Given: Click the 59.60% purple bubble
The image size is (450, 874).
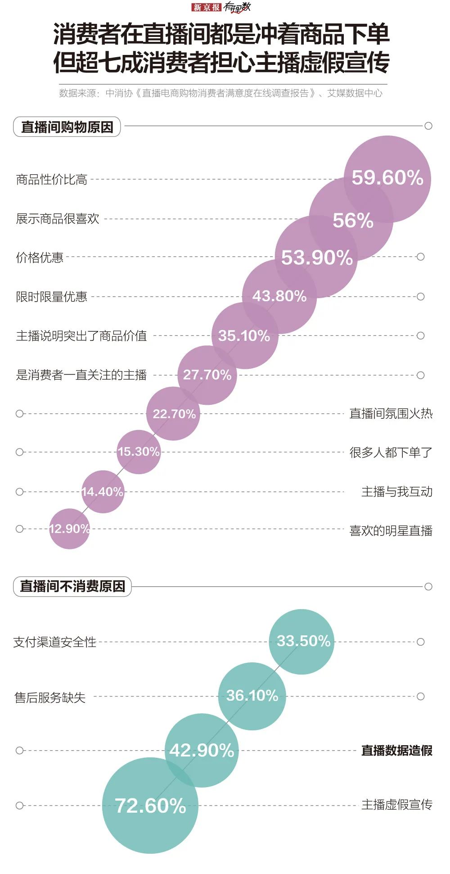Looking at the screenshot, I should (x=387, y=178).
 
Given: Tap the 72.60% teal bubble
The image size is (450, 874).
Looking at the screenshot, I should (x=150, y=805).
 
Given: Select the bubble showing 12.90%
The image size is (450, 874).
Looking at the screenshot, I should (x=69, y=529).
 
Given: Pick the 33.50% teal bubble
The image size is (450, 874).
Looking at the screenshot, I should (x=302, y=641).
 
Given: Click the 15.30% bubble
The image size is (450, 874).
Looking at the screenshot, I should (x=139, y=452).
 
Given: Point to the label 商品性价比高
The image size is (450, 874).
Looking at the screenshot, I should (x=51, y=180).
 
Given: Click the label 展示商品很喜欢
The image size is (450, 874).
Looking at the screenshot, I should (x=57, y=219).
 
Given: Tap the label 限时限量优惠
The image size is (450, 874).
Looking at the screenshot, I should (x=51, y=297).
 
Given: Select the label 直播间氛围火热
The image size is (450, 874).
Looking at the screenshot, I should (x=391, y=413).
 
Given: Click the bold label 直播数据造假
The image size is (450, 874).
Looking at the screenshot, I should (x=396, y=750).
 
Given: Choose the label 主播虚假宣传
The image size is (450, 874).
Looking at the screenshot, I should (x=396, y=804).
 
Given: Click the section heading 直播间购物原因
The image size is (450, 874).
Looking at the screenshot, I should (x=67, y=127).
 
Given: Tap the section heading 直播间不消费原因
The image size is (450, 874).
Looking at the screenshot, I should (x=72, y=586).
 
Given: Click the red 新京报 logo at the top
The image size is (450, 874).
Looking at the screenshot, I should (x=207, y=7).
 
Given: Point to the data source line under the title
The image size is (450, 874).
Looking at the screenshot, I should (x=220, y=93).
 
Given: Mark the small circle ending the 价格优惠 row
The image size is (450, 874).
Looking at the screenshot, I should (x=421, y=257).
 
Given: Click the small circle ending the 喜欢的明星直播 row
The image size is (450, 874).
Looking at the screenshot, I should (x=19, y=529).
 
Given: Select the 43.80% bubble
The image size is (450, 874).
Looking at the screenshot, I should (x=279, y=296).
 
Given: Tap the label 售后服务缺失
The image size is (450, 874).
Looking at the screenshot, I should (x=49, y=697).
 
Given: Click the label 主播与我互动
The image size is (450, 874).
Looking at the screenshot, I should (x=396, y=491).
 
